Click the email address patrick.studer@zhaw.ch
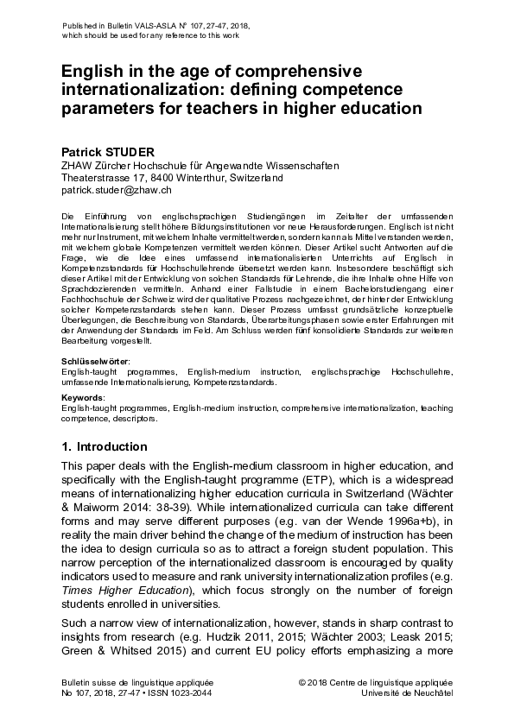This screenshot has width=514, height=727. point(117,189)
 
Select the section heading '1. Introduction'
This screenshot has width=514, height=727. point(105,446)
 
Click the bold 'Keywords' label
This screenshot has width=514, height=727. point(82,397)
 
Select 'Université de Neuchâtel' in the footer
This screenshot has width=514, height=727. point(408,692)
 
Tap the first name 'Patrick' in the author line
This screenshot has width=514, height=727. point(83,152)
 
